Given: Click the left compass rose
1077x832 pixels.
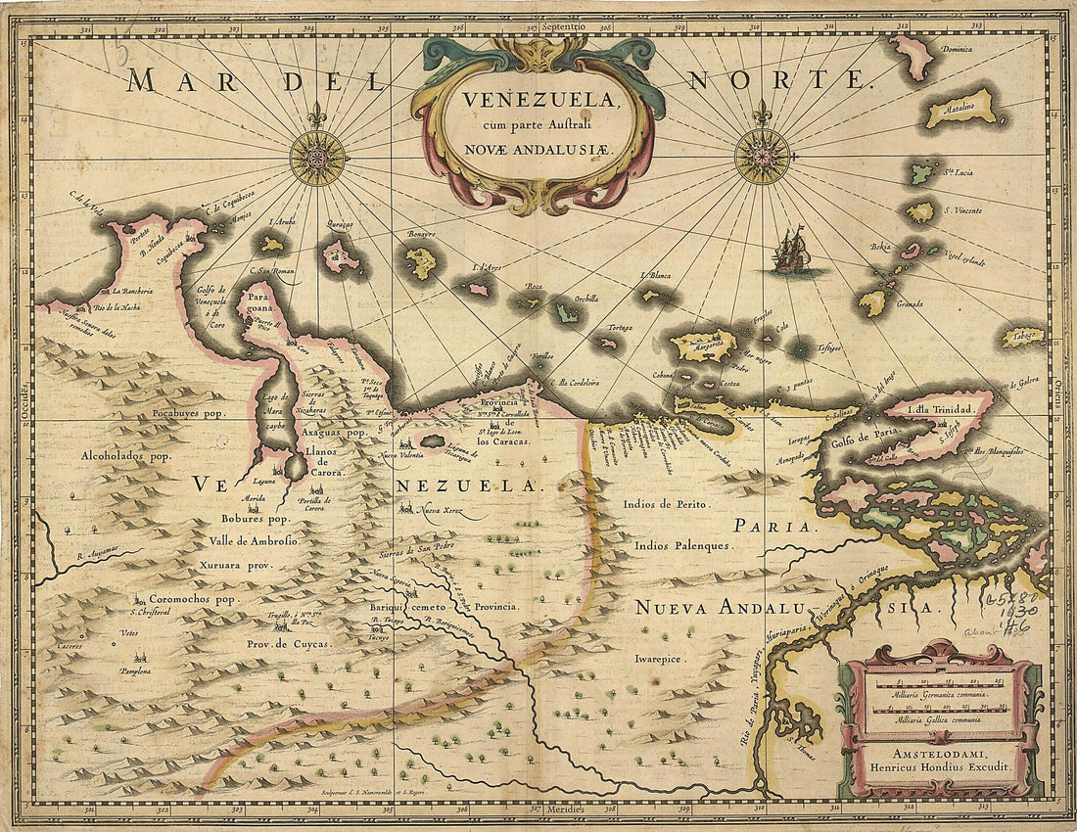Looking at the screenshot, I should click(x=316, y=157).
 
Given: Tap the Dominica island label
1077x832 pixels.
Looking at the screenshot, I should click(x=935, y=47).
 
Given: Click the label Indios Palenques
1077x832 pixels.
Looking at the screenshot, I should click(x=681, y=545).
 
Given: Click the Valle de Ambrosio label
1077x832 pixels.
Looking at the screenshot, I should click(x=253, y=540).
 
